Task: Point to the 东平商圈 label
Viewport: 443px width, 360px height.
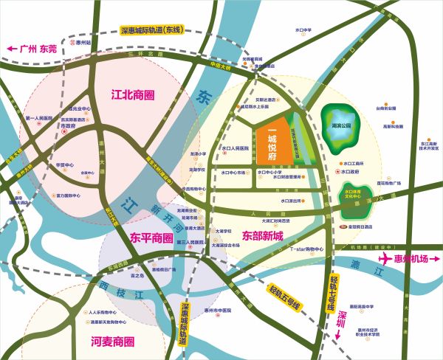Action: (151, 239)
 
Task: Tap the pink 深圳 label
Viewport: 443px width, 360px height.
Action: (341, 322)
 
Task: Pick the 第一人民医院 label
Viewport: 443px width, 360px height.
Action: (38, 118)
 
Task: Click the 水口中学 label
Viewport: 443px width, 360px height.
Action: (304, 30)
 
